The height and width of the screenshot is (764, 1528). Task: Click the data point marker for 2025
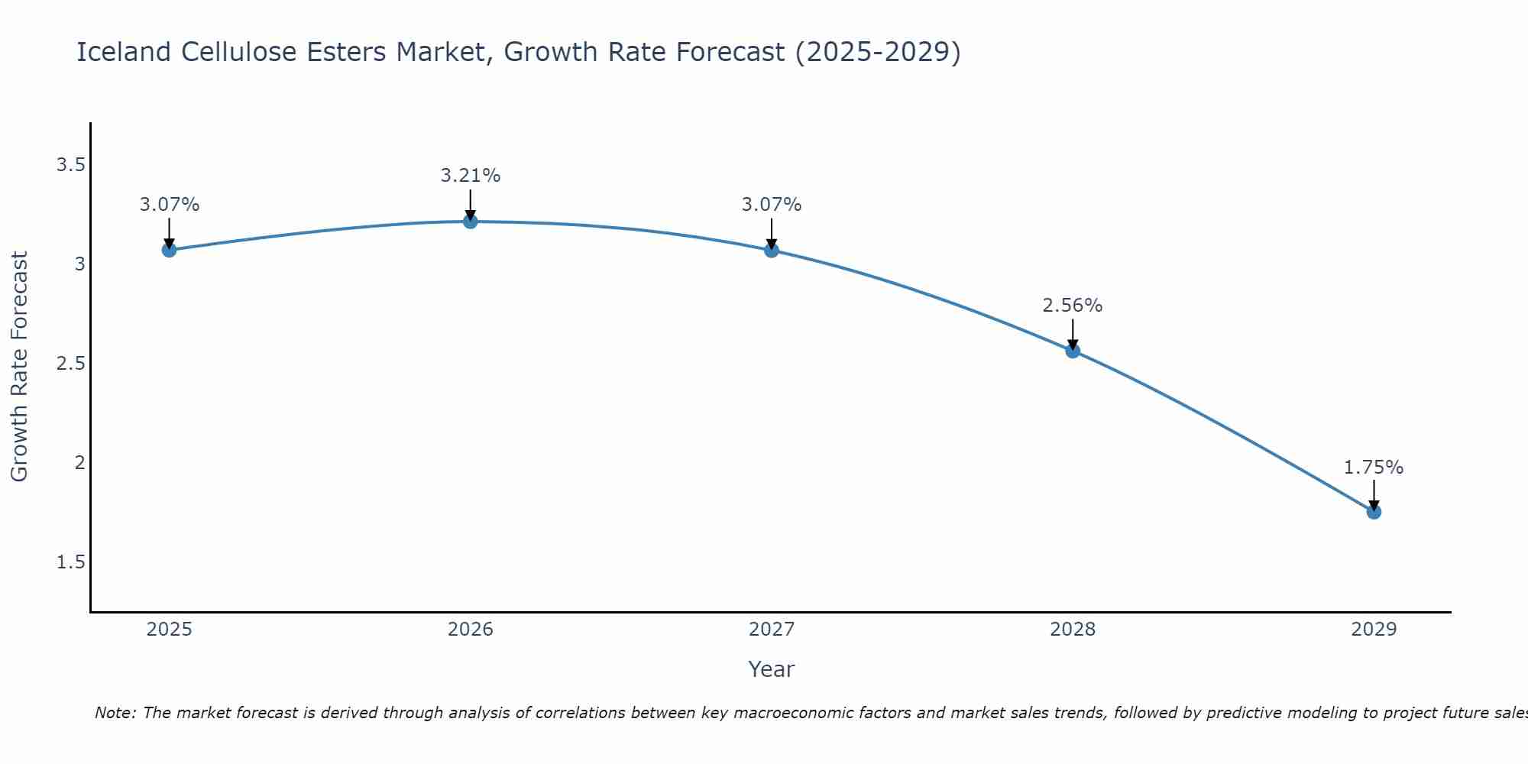(x=169, y=250)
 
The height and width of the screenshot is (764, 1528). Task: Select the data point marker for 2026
(x=471, y=222)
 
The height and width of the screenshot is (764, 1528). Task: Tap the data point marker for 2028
(x=1073, y=351)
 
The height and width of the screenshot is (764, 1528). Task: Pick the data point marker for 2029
(x=1374, y=512)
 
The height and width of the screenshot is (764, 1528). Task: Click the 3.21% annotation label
(x=471, y=176)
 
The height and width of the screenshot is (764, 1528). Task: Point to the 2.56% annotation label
(x=1073, y=306)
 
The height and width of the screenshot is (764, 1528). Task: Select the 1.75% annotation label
(x=1374, y=468)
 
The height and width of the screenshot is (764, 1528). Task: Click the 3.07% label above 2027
(x=772, y=205)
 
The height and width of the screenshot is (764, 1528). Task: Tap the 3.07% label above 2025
(x=169, y=205)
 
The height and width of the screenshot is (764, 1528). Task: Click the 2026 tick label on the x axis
(x=471, y=630)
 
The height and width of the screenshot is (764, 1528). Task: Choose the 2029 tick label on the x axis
(x=1374, y=630)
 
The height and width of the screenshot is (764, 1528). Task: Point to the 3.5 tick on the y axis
(x=70, y=165)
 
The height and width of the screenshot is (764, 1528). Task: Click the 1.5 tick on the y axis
(x=70, y=562)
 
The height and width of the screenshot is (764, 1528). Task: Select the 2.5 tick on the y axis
(x=70, y=364)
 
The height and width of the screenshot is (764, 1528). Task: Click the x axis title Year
(x=772, y=669)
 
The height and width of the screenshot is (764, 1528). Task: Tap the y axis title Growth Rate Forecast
(x=19, y=367)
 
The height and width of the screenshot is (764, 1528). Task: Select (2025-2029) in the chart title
(x=878, y=52)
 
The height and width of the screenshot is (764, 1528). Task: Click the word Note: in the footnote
(x=115, y=713)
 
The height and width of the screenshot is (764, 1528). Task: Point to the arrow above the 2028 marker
(x=1073, y=333)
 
